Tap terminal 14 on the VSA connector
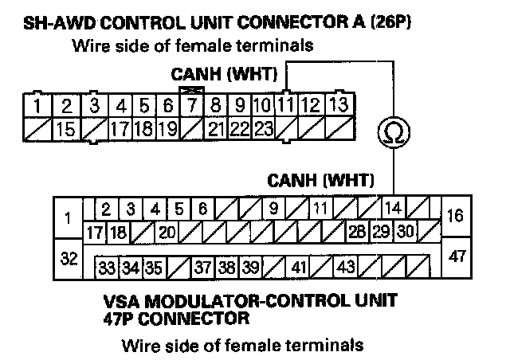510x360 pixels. (x=392, y=209)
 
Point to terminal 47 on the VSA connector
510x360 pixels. (x=456, y=256)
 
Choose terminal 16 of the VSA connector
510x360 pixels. (x=456, y=216)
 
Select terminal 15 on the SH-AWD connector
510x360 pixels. (x=69, y=126)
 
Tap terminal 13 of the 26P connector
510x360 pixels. (x=338, y=104)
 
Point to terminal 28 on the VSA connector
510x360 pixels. (x=357, y=233)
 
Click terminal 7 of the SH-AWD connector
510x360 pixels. (x=191, y=104)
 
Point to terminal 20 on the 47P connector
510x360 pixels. (x=167, y=233)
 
